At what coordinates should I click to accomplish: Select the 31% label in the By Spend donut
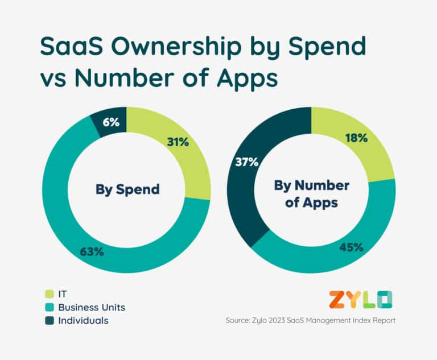(178, 142)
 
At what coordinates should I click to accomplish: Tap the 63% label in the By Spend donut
(92, 250)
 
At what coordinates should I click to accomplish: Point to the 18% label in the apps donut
(356, 138)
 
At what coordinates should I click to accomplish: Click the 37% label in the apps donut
(247, 162)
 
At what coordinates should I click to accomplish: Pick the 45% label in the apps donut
(352, 247)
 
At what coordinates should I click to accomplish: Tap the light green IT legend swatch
(50, 293)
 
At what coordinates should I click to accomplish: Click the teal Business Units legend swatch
(50, 307)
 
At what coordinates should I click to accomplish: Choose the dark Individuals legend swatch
(50, 321)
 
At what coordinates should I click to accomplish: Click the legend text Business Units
(92, 307)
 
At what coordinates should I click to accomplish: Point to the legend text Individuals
(84, 321)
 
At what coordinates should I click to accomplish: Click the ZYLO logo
(361, 299)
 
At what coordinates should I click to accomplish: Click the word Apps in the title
(245, 79)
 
